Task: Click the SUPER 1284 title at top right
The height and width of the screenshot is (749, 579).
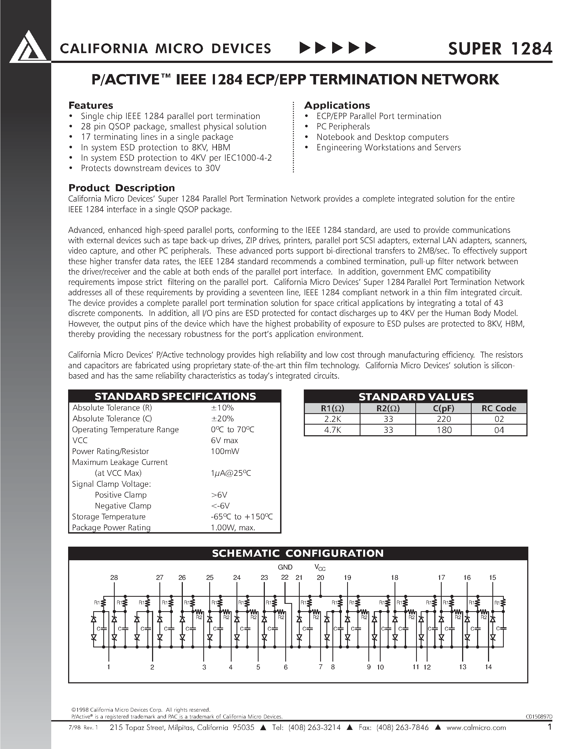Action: click(x=500, y=49)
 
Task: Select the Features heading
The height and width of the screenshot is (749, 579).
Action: click(x=90, y=105)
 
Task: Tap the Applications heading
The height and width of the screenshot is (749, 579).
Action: click(x=337, y=105)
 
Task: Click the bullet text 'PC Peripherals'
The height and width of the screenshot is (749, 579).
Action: click(x=343, y=127)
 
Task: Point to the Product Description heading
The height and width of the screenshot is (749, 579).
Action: click(x=122, y=188)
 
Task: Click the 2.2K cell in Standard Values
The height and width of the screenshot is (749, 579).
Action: click(x=332, y=419)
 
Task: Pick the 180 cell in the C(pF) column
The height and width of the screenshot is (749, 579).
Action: click(x=444, y=430)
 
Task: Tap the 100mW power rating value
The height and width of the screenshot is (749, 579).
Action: click(x=225, y=451)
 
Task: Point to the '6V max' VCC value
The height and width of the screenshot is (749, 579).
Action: click(x=224, y=440)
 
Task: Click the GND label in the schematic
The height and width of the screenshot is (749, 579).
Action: click(x=285, y=567)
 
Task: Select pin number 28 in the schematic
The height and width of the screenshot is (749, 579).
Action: click(x=114, y=577)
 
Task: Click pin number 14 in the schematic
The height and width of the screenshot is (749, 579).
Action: click(x=489, y=667)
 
